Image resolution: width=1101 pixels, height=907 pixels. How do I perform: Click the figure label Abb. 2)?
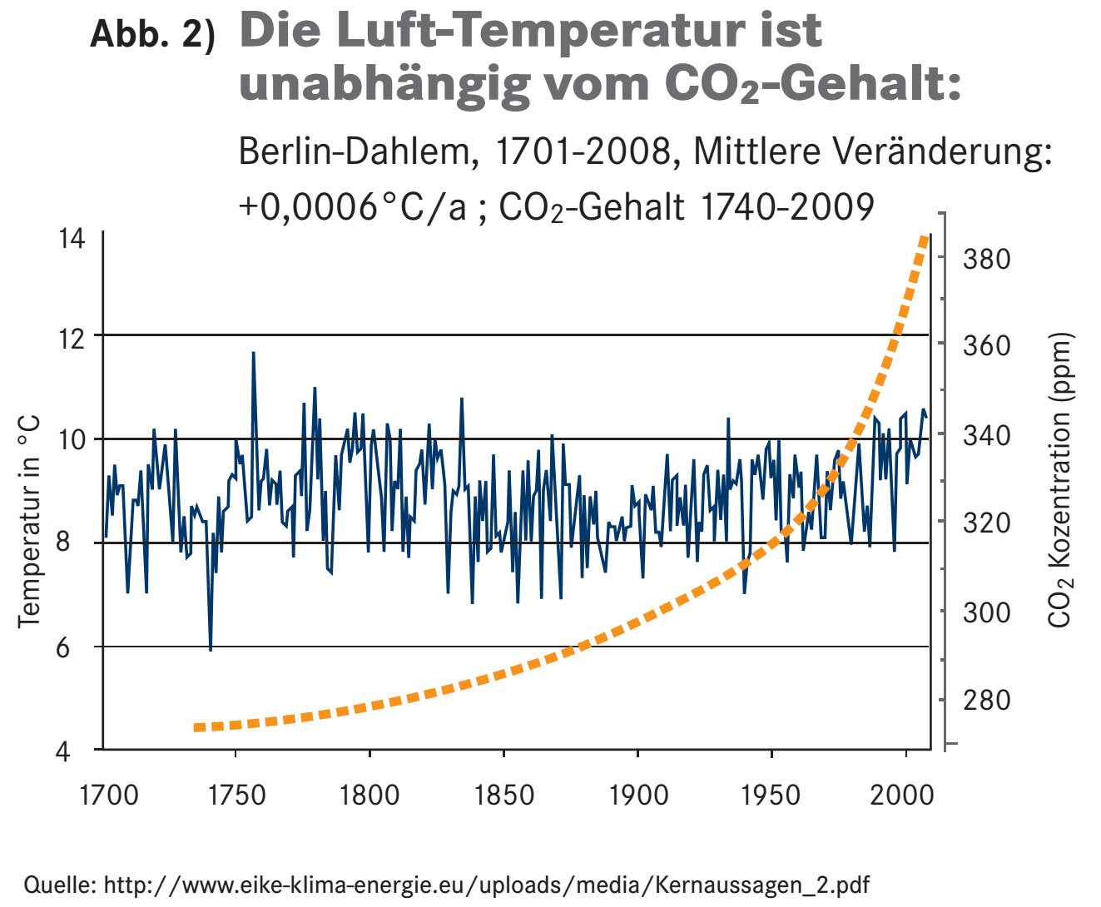pos(152,34)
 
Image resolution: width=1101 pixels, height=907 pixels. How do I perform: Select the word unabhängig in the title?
pos(384,84)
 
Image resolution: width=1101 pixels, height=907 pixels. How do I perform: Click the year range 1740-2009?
pos(787,206)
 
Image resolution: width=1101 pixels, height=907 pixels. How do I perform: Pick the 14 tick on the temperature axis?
pos(72,239)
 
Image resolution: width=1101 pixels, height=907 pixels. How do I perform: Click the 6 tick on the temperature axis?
pos(63,647)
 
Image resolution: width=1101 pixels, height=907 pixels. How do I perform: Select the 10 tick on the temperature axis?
pos(72,439)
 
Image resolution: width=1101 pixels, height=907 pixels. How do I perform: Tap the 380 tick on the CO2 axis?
pos(986,259)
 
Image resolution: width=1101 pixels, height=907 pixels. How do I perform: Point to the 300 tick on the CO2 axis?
pos(986,612)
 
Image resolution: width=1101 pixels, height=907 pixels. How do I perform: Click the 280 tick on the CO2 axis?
pos(986,701)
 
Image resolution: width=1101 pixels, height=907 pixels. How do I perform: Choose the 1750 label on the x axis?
pos(236,795)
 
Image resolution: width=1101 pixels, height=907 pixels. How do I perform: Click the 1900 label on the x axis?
pos(638,795)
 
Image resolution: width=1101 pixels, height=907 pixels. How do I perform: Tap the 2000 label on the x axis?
pos(902,795)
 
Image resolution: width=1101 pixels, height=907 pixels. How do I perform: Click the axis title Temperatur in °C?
pos(29,520)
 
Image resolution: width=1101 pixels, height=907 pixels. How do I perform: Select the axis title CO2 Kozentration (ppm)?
pos(1059,480)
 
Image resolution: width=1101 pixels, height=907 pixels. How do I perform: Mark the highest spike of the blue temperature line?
pos(253,353)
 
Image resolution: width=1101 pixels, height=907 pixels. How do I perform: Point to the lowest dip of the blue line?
pos(211,649)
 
